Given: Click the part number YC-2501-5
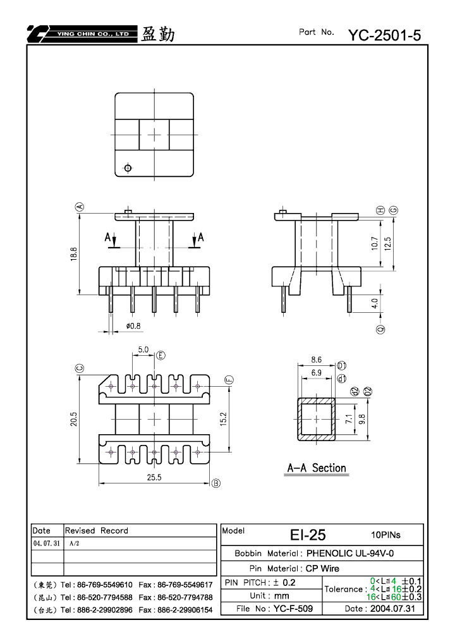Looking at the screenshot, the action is pyautogui.click(x=384, y=35).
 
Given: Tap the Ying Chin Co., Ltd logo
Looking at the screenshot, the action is pyautogui.click(x=82, y=33).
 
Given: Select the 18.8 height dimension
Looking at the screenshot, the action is pyautogui.click(x=74, y=254).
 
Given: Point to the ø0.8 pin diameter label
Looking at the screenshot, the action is pyautogui.click(x=133, y=325).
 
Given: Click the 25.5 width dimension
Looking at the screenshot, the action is pyautogui.click(x=154, y=477).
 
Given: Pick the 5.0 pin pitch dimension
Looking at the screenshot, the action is pyautogui.click(x=143, y=349).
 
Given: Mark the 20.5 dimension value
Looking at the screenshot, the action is pyautogui.click(x=74, y=420).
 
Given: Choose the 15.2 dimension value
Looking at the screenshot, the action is pyautogui.click(x=224, y=420).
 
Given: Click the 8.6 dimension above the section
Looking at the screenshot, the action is pyautogui.click(x=316, y=360).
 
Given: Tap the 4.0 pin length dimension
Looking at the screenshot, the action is pyautogui.click(x=375, y=303).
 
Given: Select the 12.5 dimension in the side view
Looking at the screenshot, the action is pyautogui.click(x=387, y=243).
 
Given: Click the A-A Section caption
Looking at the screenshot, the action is pyautogui.click(x=317, y=468).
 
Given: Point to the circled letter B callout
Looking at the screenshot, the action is pyautogui.click(x=216, y=483).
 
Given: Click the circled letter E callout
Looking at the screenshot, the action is pyautogui.click(x=161, y=355).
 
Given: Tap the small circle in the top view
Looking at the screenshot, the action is pyautogui.click(x=128, y=168).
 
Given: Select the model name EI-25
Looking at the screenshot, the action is pyautogui.click(x=308, y=535).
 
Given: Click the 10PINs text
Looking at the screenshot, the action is pyautogui.click(x=385, y=535).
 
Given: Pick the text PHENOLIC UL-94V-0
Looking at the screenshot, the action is pyautogui.click(x=350, y=553).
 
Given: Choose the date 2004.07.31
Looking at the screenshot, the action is pyautogui.click(x=392, y=609).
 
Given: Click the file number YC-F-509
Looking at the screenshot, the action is pyautogui.click(x=293, y=609).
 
